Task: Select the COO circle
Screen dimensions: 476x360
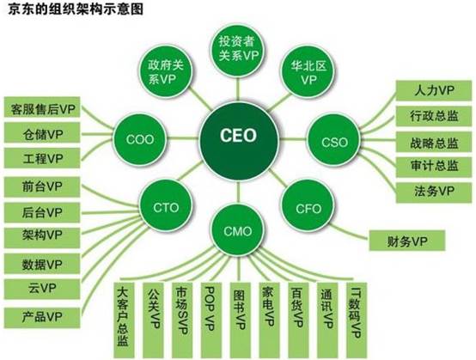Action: (x=140, y=140)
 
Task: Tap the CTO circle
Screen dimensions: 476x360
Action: (x=166, y=207)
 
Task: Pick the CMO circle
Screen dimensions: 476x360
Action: (x=238, y=230)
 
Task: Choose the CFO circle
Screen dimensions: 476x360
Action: (x=308, y=208)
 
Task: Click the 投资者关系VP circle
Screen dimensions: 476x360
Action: (x=238, y=49)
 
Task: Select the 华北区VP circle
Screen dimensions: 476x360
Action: (x=308, y=72)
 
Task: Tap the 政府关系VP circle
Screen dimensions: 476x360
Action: (x=166, y=72)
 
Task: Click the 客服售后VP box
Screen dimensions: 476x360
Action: (x=42, y=107)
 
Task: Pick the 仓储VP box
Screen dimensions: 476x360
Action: (x=42, y=132)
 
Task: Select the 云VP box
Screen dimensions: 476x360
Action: (x=42, y=289)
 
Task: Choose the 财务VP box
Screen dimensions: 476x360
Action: (x=407, y=241)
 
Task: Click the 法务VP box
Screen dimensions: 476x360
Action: (x=434, y=192)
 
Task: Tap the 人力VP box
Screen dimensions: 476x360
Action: (x=434, y=90)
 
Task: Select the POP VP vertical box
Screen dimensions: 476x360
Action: (x=211, y=320)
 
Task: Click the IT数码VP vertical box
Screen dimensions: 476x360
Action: (x=356, y=320)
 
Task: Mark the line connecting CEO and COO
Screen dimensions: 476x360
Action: (x=183, y=138)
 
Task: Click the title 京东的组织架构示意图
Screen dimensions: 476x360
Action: (x=75, y=9)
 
